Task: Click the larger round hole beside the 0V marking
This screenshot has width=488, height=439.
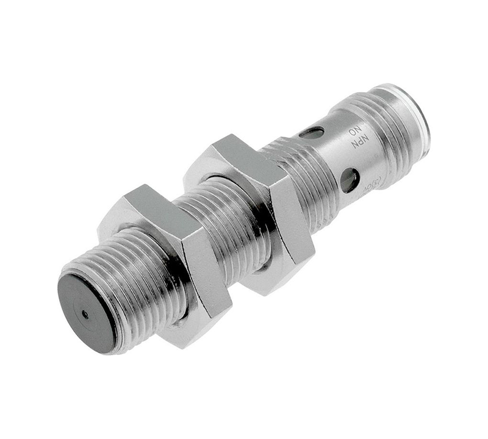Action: point(348,180)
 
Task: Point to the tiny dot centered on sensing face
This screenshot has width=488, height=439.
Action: point(85,315)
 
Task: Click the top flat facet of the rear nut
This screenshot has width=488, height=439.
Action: point(241,152)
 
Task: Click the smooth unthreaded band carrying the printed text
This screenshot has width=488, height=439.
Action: point(342,152)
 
